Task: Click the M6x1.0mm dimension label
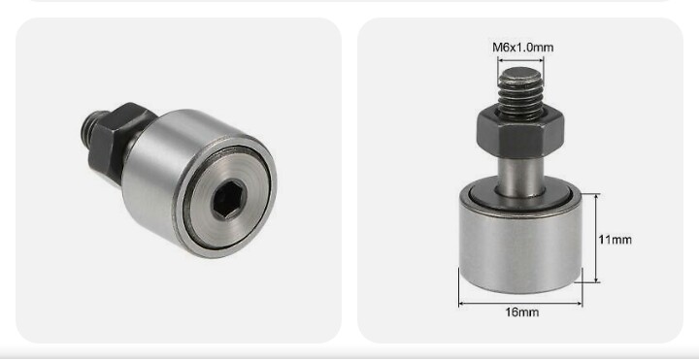point(523,48)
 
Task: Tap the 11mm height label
point(615,240)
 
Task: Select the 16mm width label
point(521,312)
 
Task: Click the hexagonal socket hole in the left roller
point(228,200)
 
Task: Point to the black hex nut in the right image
point(520,133)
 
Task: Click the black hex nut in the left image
point(116,141)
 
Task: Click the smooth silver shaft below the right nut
point(520,176)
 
